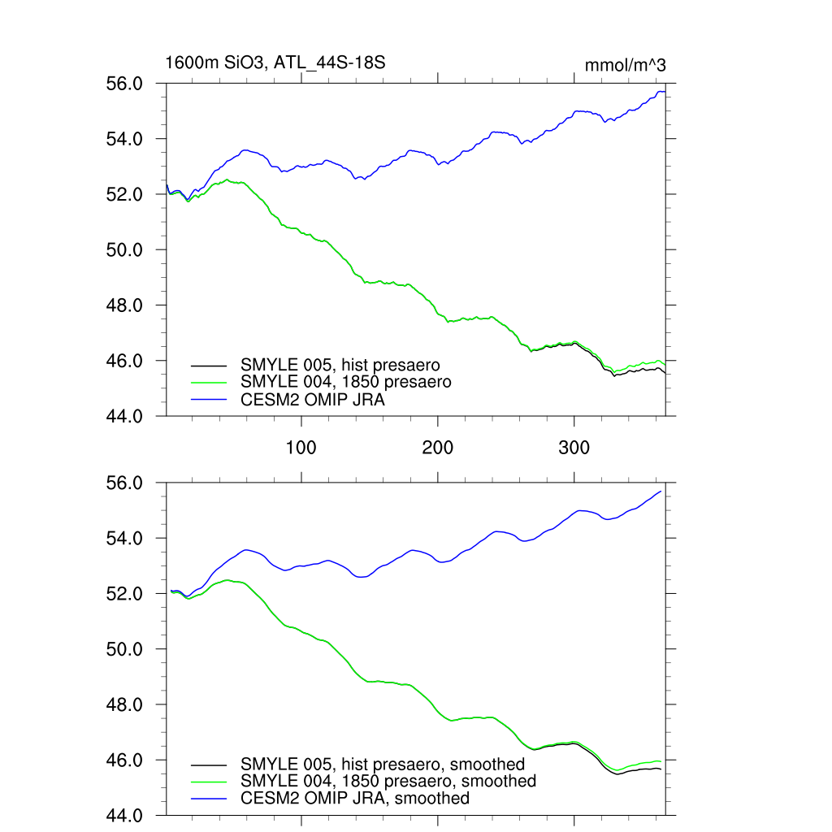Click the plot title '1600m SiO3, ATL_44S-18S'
pos(275,63)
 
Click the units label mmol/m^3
pos(626,66)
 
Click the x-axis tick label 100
pos(301,448)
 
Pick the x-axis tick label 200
pos(438,448)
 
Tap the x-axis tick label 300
pos(574,448)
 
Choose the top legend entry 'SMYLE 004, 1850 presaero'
pos(345,381)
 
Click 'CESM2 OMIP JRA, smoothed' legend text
pos(355,798)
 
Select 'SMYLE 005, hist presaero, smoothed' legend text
pos(383,764)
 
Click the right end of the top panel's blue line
pos(665,92)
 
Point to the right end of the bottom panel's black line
pos(661,769)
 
